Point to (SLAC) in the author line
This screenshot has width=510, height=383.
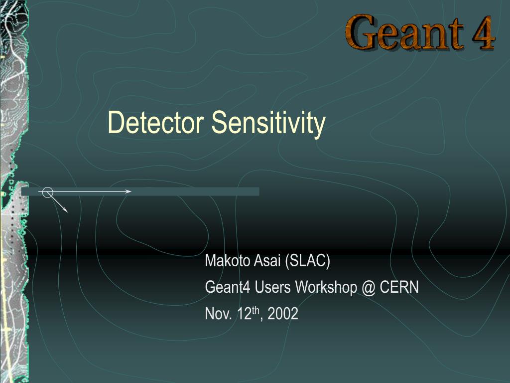pyautogui.click(x=308, y=261)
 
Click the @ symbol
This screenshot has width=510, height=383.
pyautogui.click(x=369, y=287)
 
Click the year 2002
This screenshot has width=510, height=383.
pyautogui.click(x=283, y=314)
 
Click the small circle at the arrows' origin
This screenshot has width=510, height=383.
pyautogui.click(x=47, y=191)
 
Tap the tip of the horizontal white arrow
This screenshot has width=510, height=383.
pyautogui.click(x=130, y=191)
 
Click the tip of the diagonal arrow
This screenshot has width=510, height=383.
pyautogui.click(x=67, y=212)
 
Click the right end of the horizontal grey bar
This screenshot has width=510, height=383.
pyautogui.click(x=257, y=191)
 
